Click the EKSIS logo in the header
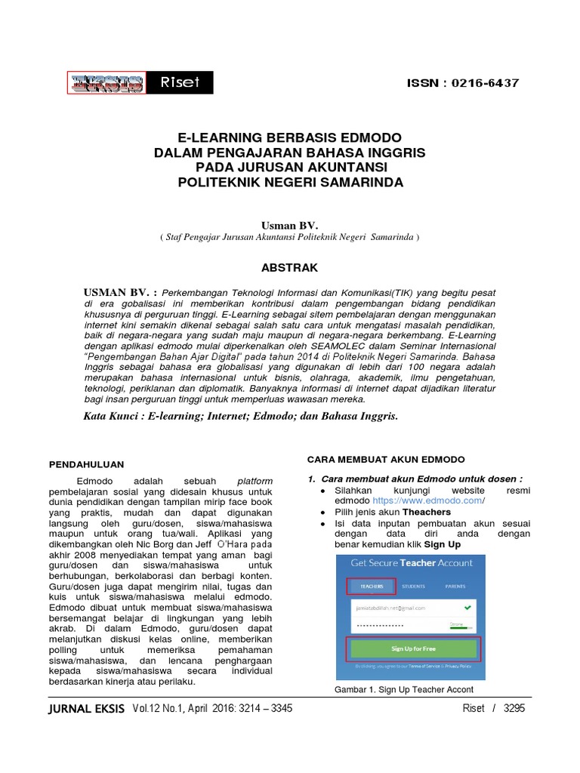[x=106, y=83]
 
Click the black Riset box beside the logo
[x=180, y=83]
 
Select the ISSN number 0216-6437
[x=483, y=83]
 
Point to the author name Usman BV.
[x=290, y=225]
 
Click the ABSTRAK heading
[x=289, y=268]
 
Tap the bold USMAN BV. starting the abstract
[x=116, y=291]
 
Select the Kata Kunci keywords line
[x=239, y=416]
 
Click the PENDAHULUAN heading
[x=86, y=464]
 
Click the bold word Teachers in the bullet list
[x=427, y=512]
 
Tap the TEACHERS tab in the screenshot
[x=372, y=586]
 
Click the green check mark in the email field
[x=468, y=607]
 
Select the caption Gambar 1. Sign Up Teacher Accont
[x=403, y=690]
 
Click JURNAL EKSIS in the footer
[x=85, y=709]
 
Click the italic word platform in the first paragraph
[x=255, y=481]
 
